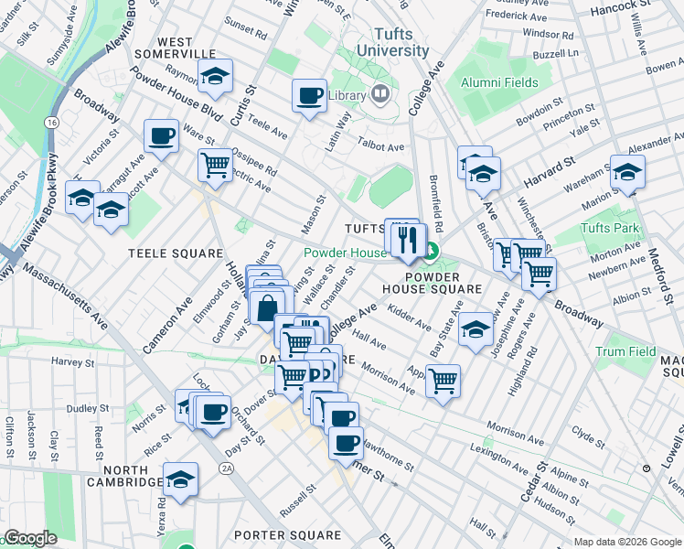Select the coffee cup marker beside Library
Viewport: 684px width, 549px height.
[309, 95]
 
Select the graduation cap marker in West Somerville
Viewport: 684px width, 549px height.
[216, 77]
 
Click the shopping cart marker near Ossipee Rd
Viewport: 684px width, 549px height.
[215, 167]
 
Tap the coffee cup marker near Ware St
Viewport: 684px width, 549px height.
[162, 137]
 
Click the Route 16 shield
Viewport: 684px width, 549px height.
[52, 122]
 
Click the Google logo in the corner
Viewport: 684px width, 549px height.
[30, 538]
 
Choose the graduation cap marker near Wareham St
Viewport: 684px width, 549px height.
[627, 172]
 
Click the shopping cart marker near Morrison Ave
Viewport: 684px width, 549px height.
[443, 380]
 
